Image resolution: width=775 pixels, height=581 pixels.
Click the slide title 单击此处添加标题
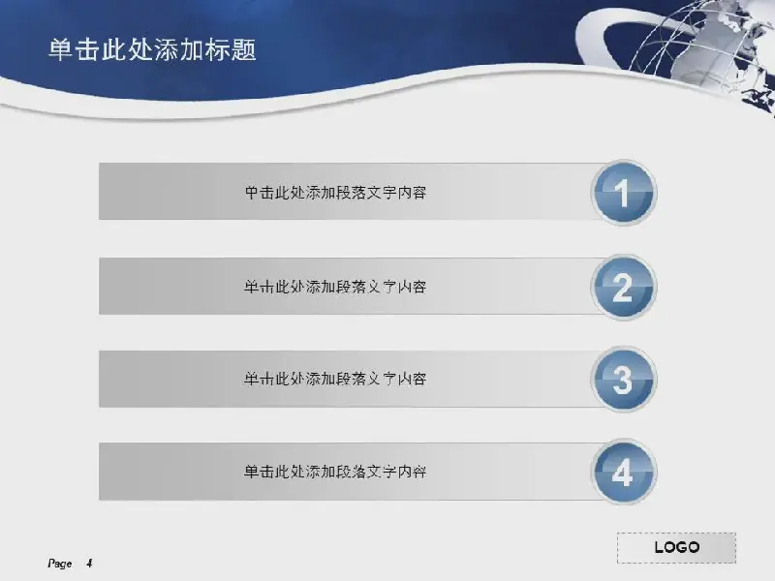click(x=152, y=50)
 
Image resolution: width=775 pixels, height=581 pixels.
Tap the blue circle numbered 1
click(x=623, y=192)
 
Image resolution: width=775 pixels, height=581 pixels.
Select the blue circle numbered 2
click(x=623, y=287)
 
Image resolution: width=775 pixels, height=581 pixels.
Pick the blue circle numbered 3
click(x=623, y=380)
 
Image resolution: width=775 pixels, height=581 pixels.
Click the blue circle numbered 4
click(x=623, y=472)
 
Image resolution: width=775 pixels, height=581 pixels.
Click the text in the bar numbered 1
click(x=335, y=192)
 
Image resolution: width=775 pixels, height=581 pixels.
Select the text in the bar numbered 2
click(x=335, y=287)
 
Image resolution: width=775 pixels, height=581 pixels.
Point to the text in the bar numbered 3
click(x=335, y=379)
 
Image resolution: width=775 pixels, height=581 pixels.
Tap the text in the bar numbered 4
click(x=335, y=472)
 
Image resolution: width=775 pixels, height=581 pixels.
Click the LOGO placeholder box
click(x=676, y=547)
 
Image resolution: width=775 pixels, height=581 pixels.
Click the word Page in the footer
click(x=60, y=564)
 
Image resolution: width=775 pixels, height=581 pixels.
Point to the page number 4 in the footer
click(x=89, y=563)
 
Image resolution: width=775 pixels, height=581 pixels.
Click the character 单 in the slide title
click(x=61, y=50)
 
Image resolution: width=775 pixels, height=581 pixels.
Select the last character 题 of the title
click(x=244, y=50)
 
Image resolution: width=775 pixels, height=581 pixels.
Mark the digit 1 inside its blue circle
click(x=622, y=193)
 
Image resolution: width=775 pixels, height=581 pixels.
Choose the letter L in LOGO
click(x=660, y=547)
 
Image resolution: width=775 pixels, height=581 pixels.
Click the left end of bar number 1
click(x=100, y=191)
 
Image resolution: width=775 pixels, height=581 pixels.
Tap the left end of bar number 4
click(x=100, y=472)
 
